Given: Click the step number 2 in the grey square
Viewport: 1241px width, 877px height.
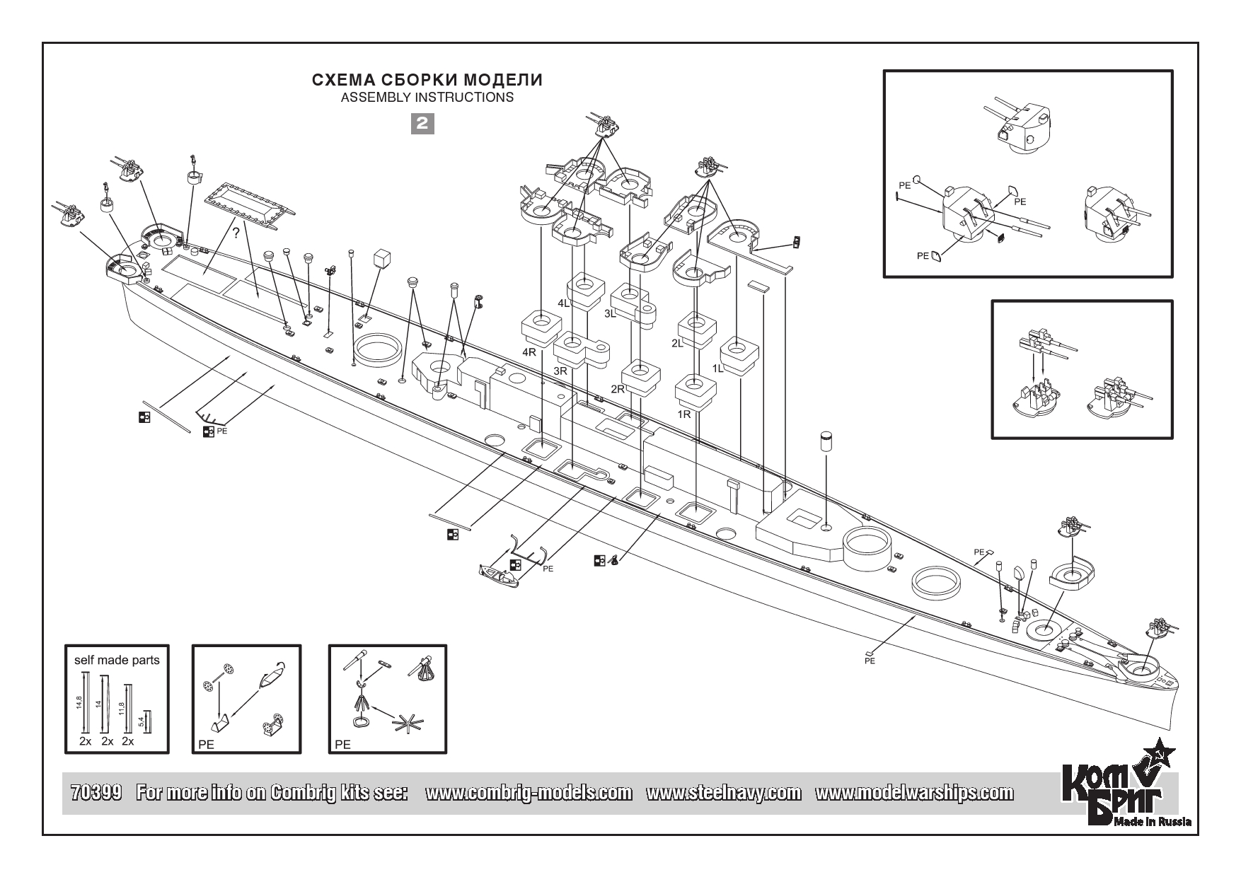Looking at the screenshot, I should [422, 124].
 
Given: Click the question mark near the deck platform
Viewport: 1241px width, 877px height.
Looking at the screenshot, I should [236, 232].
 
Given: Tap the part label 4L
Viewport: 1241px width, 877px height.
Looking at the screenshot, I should [564, 303].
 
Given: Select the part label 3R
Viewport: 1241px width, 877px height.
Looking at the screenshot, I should [560, 371].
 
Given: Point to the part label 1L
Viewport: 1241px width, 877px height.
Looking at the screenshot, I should [718, 368].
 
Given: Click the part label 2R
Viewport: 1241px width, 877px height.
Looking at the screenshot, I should [618, 389].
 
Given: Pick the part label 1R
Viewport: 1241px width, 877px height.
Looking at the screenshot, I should [683, 414].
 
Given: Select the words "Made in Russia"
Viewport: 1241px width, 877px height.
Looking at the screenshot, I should [1153, 821].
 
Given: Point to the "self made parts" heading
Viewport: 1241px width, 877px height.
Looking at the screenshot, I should [117, 661].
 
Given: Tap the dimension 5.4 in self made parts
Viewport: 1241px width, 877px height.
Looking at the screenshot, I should [141, 721].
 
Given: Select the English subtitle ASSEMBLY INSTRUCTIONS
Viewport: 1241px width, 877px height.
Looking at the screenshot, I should [427, 98].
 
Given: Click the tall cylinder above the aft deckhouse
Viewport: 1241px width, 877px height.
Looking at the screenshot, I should [826, 442].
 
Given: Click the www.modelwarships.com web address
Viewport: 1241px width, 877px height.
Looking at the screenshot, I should [913, 793].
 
